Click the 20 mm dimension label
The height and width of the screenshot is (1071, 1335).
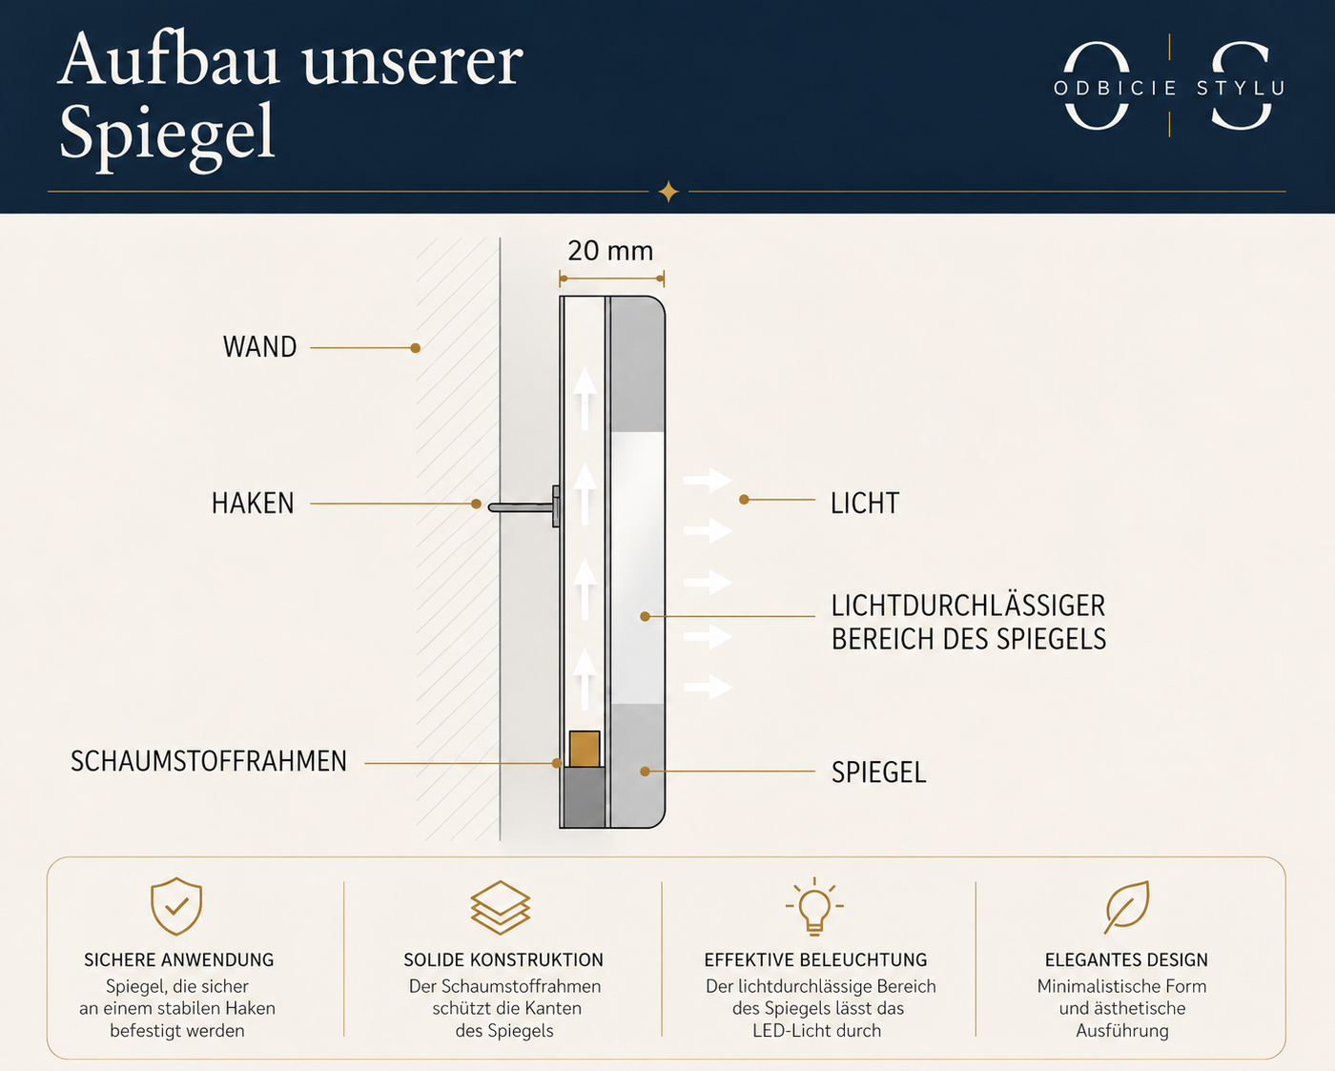610,251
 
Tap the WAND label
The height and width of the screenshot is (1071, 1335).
260,347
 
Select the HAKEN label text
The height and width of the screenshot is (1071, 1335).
253,504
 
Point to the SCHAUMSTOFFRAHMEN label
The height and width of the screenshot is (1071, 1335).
209,761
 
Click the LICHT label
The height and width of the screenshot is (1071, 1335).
865,504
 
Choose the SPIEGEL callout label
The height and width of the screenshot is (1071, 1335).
878,772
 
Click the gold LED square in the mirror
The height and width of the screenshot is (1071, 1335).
585,749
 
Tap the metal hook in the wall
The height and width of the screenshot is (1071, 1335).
524,506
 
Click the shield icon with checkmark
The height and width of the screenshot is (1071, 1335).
176,906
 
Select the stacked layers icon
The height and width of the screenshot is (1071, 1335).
501,907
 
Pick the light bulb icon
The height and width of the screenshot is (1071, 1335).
814,907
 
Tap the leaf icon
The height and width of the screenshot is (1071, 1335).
1127,907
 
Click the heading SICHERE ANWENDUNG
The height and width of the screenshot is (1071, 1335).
178,960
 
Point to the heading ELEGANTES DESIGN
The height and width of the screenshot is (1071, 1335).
1126,960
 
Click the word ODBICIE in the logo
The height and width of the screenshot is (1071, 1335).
1115,88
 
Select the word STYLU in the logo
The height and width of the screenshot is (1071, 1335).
1241,88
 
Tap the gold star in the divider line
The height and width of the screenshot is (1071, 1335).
668,192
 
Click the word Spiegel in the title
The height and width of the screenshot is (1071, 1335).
167,134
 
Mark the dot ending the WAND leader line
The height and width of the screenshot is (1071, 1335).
416,348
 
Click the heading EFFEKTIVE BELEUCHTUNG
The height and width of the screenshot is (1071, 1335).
815,960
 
